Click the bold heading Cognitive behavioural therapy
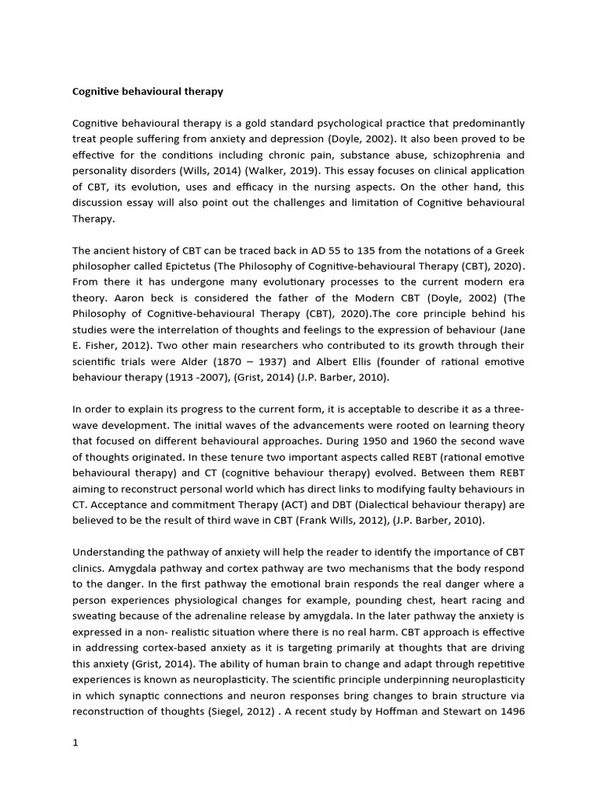[148, 91]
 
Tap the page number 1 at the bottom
[76, 743]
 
